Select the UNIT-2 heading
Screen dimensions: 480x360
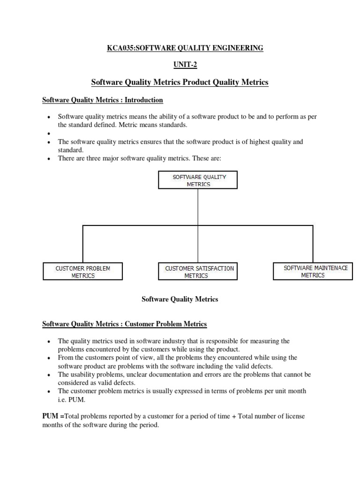click(180, 65)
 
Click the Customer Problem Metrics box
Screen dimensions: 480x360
click(83, 272)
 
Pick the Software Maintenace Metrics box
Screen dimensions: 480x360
click(312, 271)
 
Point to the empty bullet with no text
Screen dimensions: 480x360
click(49, 134)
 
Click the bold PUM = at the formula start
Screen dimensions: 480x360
click(52, 416)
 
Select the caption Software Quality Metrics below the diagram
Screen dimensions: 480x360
click(180, 299)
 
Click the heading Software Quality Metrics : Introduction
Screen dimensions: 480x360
click(103, 100)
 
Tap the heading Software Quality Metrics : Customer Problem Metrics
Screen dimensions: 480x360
click(124, 324)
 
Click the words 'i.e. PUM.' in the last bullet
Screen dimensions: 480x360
click(73, 400)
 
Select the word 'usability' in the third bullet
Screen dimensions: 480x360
click(83, 375)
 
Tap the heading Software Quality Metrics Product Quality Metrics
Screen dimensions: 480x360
click(180, 82)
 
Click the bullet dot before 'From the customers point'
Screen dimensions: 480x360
click(49, 358)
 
